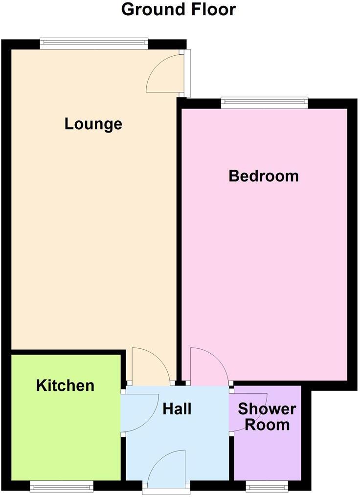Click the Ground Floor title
tap(179, 9)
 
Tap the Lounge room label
tap(93, 124)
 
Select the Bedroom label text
tap(264, 176)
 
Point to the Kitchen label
tap(65, 385)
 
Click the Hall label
tap(177, 409)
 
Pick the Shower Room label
tap(267, 416)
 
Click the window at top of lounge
tap(94, 44)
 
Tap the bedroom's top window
tap(264, 103)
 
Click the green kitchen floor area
tap(66, 435)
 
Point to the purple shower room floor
tap(267, 455)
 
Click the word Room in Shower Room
tap(267, 425)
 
